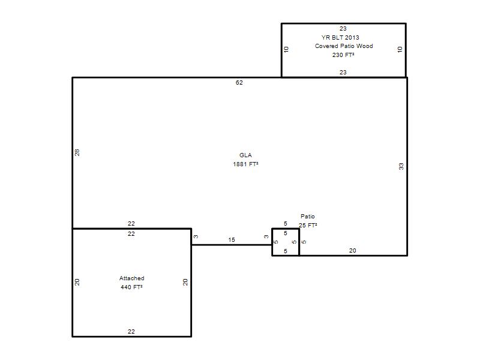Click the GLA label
245,155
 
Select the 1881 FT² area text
245,164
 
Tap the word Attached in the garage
131,278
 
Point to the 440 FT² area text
131,287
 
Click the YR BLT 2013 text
340,37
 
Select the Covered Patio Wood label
344,46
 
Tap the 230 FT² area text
343,55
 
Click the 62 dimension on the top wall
239,83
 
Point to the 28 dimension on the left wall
77,152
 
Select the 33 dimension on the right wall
401,167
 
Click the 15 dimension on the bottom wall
232,240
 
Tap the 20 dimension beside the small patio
352,251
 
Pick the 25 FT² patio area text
308,226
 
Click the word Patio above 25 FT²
308,217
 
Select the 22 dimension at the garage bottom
131,332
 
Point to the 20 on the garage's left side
77,282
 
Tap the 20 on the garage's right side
185,282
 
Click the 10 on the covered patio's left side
286,49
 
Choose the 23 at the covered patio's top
343,29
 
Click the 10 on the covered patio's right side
400,49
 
